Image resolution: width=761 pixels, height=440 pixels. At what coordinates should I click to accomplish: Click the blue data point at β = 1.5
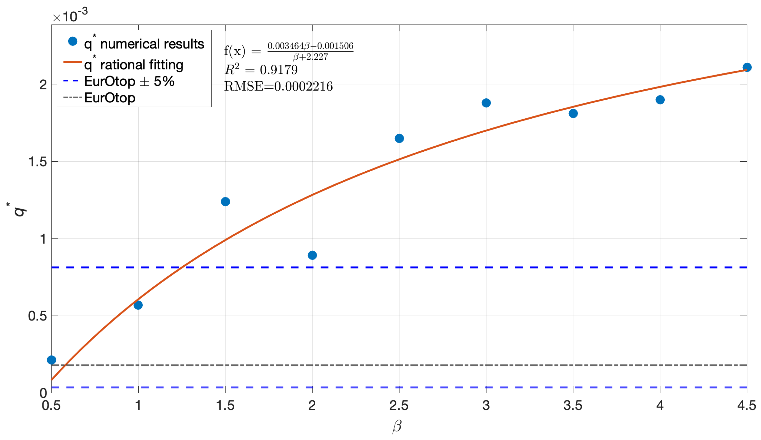point(225,202)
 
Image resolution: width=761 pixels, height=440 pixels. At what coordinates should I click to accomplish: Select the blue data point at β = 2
point(312,255)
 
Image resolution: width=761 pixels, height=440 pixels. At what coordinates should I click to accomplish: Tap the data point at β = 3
point(486,103)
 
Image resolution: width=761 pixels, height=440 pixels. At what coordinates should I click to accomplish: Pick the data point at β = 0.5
point(52,360)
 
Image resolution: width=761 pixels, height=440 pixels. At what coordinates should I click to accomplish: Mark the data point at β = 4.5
point(747,67)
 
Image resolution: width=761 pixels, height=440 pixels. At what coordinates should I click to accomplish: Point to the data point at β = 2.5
point(399,138)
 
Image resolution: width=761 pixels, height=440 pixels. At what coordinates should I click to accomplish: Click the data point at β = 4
point(660,100)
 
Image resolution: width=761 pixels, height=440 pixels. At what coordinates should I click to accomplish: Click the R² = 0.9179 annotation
point(261,70)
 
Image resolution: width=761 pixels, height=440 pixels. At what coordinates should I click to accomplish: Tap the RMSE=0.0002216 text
point(278,86)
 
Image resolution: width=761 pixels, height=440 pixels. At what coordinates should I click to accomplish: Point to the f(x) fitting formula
point(288,51)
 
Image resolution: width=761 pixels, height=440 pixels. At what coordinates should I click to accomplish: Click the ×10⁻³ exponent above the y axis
point(70,16)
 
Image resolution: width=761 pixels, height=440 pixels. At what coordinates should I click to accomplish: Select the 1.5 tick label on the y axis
point(38,162)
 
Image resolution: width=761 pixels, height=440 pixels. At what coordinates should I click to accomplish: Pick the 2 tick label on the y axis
point(43,85)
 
